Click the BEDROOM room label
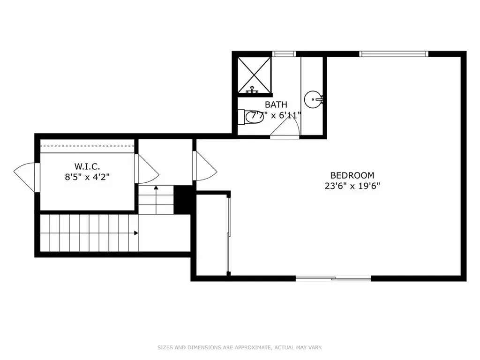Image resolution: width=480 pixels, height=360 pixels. pyautogui.click(x=352, y=175)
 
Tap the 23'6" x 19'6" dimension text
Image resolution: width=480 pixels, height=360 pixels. pyautogui.click(x=352, y=186)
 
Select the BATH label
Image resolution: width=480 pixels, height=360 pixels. pyautogui.click(x=276, y=105)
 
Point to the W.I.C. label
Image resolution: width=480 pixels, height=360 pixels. pyautogui.click(x=87, y=166)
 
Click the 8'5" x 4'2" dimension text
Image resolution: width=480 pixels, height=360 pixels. pyautogui.click(x=87, y=177)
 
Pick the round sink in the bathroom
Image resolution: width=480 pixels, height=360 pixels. pyautogui.click(x=313, y=99)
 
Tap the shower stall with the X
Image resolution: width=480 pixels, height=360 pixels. pyautogui.click(x=255, y=75)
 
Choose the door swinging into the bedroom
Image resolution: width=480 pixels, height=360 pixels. pyautogui.click(x=205, y=165)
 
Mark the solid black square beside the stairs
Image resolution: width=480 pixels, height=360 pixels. pyautogui.click(x=183, y=200)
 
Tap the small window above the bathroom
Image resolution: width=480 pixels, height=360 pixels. pyautogui.click(x=284, y=54)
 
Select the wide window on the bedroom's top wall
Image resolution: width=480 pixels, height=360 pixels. pyautogui.click(x=394, y=54)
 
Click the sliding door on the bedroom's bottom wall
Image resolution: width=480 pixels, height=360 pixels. pyautogui.click(x=333, y=278)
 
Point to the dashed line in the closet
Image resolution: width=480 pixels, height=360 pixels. pyautogui.click(x=88, y=147)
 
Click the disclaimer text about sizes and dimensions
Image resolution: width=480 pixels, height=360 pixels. pyautogui.click(x=240, y=347)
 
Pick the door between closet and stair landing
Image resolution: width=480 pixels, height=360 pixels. pyautogui.click(x=147, y=169)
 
